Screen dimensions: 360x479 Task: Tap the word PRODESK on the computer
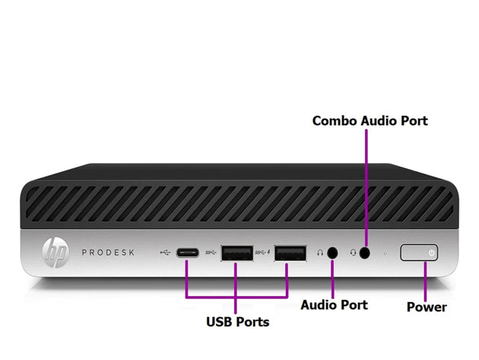pos(109,252)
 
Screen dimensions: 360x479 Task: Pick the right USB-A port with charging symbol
pos(288,253)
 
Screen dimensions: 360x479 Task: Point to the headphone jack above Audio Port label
pos(331,253)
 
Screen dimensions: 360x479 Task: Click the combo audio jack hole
pos(366,253)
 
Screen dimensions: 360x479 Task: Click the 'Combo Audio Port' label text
pos(370,120)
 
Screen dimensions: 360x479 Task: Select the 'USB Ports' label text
pos(237,321)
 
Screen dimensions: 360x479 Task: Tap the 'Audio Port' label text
pos(334,304)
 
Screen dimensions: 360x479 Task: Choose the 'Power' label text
pos(426,307)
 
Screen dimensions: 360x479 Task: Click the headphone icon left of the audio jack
pos(320,253)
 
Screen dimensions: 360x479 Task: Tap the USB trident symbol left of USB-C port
pos(167,252)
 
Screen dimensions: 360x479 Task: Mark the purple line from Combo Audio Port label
pos(366,183)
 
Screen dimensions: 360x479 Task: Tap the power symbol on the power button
pos(431,252)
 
